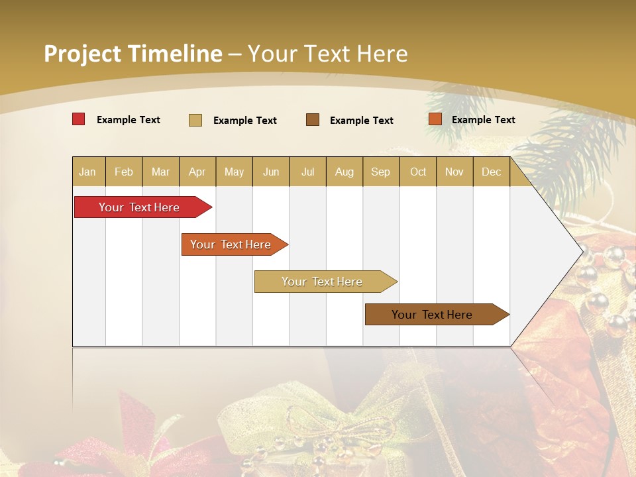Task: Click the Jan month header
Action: [x=87, y=172]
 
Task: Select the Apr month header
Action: [x=197, y=172]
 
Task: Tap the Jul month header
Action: [x=307, y=172]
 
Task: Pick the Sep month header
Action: [x=380, y=172]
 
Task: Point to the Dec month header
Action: [x=491, y=172]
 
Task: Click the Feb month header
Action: [x=124, y=172]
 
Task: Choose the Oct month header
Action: [x=418, y=172]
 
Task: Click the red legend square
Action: [x=79, y=119]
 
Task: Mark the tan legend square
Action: [x=195, y=120]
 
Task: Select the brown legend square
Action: [x=313, y=119]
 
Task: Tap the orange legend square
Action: [x=435, y=119]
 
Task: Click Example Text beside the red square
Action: [x=129, y=120]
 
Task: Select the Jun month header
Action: [x=271, y=172]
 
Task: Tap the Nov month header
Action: [x=454, y=172]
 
